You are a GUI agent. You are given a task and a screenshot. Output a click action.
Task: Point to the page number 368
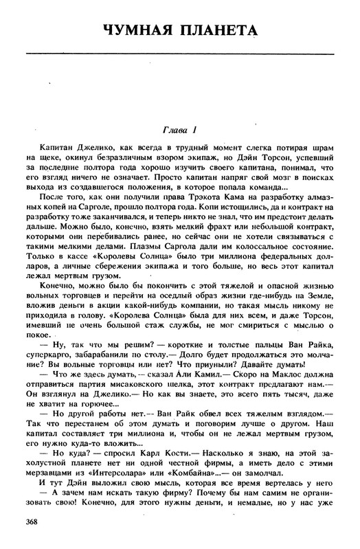[31, 524]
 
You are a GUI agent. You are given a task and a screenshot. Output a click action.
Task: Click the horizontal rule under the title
[180, 52]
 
